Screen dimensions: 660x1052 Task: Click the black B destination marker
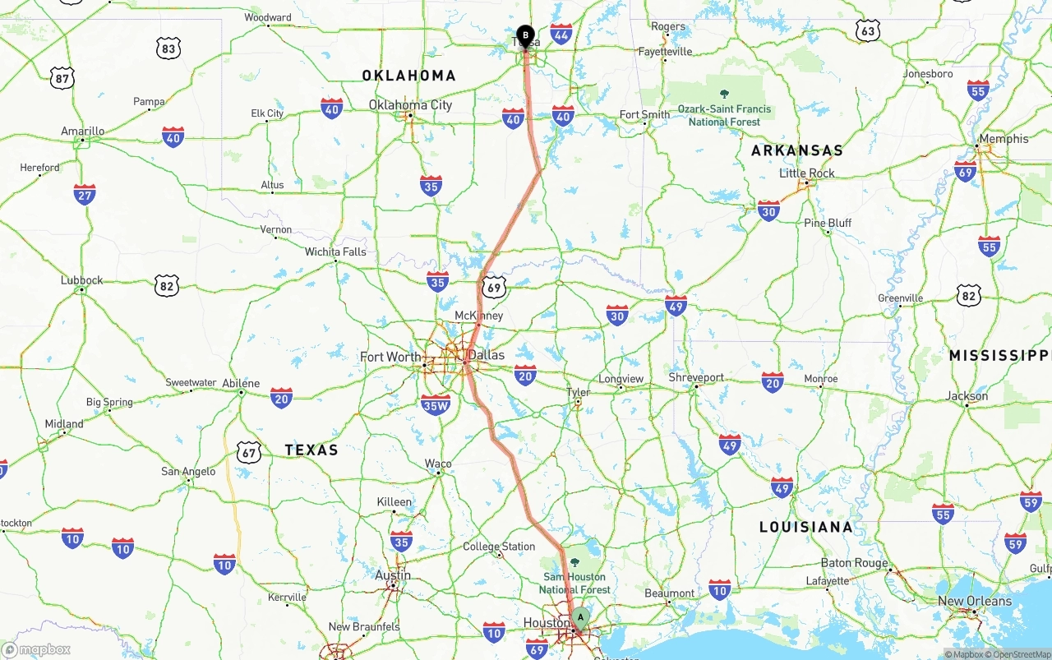(526, 35)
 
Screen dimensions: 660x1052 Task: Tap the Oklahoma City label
(410, 104)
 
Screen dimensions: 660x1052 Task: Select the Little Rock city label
(807, 173)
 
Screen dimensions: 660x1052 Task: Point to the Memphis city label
(1004, 138)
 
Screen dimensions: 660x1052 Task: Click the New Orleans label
(975, 601)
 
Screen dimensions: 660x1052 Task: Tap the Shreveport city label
(696, 377)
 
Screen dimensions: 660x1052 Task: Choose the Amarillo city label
(83, 131)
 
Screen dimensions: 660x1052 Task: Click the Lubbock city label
(82, 279)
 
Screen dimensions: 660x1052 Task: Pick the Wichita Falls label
(335, 252)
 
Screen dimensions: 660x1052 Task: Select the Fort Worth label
(390, 357)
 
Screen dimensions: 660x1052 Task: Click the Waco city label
(438, 464)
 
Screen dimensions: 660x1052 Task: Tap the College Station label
(499, 546)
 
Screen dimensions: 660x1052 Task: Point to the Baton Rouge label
(855, 563)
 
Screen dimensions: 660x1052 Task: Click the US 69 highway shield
(494, 286)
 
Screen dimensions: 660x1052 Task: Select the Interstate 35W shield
(436, 404)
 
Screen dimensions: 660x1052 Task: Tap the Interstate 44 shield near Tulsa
(562, 35)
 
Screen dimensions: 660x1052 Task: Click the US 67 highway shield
(249, 451)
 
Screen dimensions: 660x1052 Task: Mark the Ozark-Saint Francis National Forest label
(724, 114)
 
